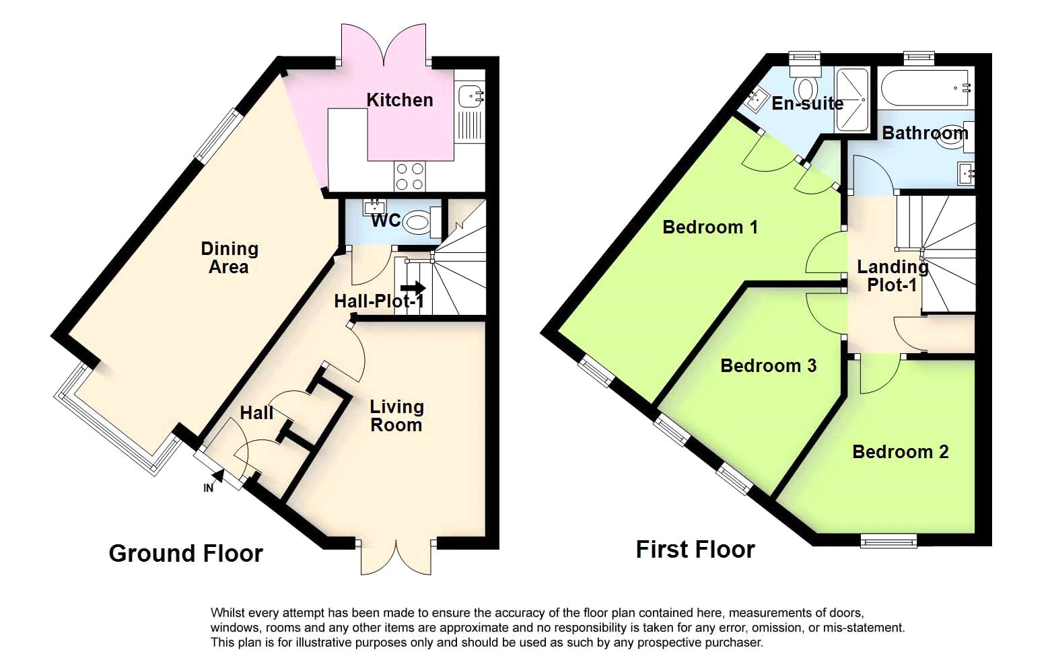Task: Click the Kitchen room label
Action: point(399,100)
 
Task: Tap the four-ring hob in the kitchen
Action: point(410,176)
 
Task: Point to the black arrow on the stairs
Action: point(413,287)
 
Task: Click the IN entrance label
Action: point(208,488)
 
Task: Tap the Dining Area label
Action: point(230,258)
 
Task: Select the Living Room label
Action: point(396,416)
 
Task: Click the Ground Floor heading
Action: point(186,553)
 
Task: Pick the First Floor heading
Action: point(695,549)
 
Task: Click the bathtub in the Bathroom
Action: point(925,89)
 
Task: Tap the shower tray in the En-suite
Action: point(851,100)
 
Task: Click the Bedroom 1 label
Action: point(710,227)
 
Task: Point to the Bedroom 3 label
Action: point(768,365)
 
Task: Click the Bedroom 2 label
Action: point(901,451)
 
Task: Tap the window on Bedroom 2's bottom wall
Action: point(888,541)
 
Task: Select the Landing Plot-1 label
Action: point(893,276)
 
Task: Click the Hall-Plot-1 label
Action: point(379,301)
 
